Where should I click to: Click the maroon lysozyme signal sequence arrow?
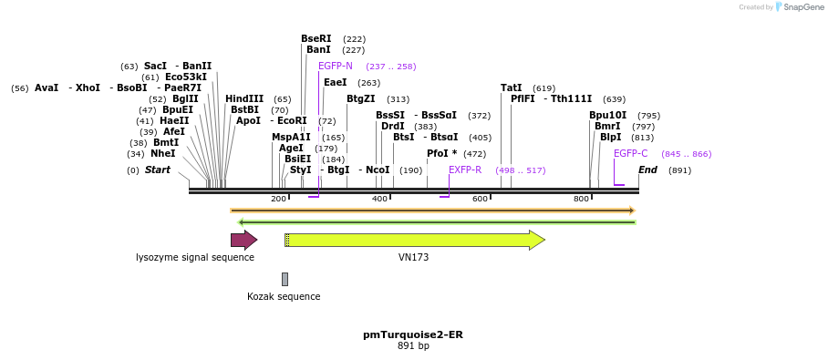(x=243, y=240)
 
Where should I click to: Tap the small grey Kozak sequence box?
(x=285, y=279)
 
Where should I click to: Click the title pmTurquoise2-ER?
(x=412, y=334)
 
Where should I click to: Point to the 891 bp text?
(x=412, y=346)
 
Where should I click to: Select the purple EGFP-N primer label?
(x=335, y=67)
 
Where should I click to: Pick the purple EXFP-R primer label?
(x=465, y=170)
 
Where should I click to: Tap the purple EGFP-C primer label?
(x=630, y=154)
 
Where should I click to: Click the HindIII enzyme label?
(x=244, y=99)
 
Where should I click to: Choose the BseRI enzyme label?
(x=316, y=39)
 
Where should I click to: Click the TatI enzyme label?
(x=511, y=88)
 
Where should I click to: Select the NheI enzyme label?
(x=162, y=154)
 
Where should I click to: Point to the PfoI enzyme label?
(x=441, y=154)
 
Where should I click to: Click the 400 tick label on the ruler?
(x=379, y=199)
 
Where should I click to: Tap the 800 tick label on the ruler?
(x=581, y=199)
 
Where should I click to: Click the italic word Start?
(x=157, y=170)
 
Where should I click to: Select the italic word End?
(x=647, y=170)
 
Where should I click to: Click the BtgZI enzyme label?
(x=360, y=99)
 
